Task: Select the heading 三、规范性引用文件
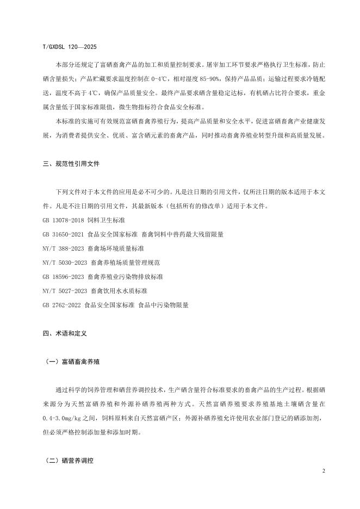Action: click(x=71, y=163)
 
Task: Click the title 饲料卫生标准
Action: click(x=107, y=220)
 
